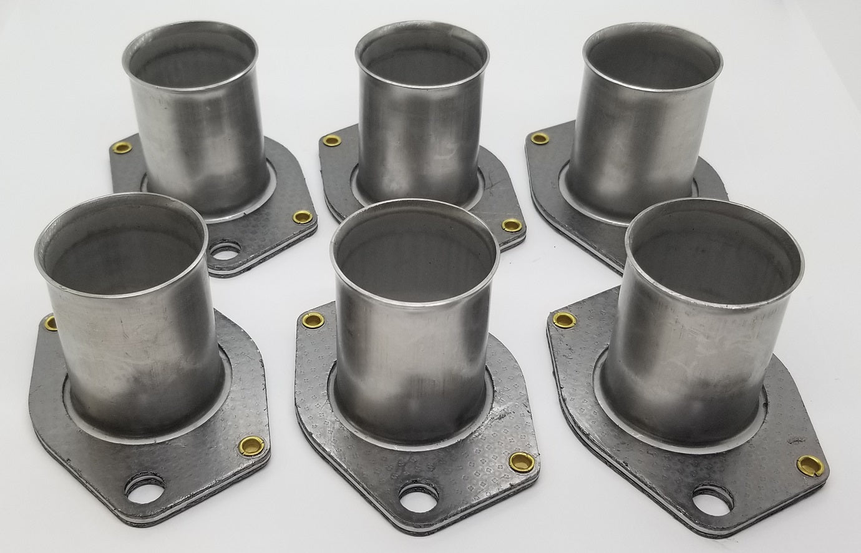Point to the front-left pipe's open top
coord(120,232)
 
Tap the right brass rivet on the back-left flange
coord(303,217)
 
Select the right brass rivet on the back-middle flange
coord(510,224)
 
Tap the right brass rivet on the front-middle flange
coord(518,461)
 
